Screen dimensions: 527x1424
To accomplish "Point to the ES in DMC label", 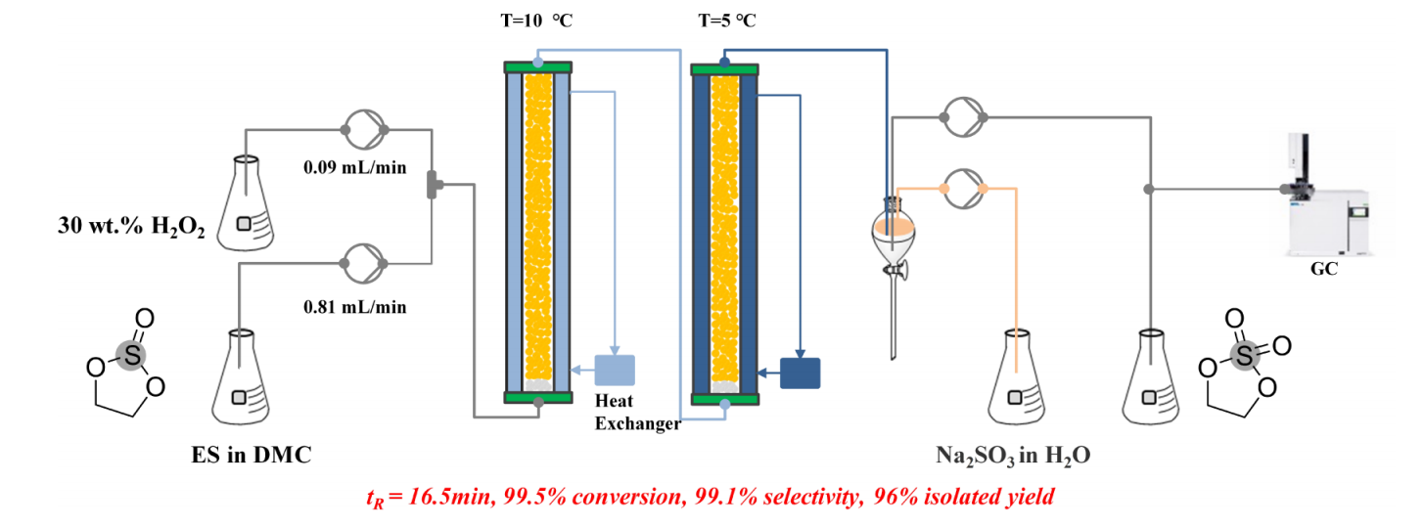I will click(x=252, y=454).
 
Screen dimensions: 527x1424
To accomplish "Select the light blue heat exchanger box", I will click(x=615, y=369).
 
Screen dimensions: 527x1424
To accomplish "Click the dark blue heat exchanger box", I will click(x=800, y=373).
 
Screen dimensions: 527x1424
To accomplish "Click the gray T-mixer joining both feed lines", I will click(x=433, y=183).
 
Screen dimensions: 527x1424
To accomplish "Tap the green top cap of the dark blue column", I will click(x=724, y=69).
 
